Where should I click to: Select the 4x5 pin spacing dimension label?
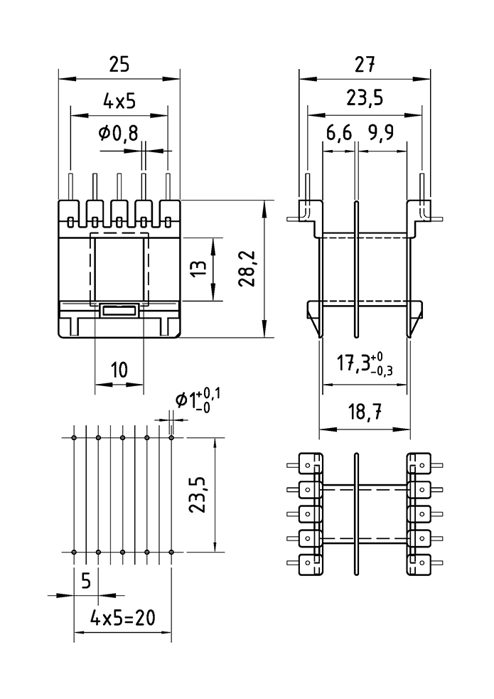pyautogui.click(x=119, y=102)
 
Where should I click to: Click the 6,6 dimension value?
pyautogui.click(x=339, y=134)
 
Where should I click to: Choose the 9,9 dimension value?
pyautogui.click(x=382, y=134)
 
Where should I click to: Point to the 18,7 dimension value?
pyautogui.click(x=364, y=413)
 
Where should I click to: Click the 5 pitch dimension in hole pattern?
pyautogui.click(x=85, y=581)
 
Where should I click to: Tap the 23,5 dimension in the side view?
pyautogui.click(x=364, y=98)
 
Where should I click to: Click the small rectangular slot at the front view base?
pyautogui.click(x=119, y=310)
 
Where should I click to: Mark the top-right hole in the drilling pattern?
pyautogui.click(x=171, y=437)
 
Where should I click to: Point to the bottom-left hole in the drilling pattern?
pyautogui.click(x=74, y=552)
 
